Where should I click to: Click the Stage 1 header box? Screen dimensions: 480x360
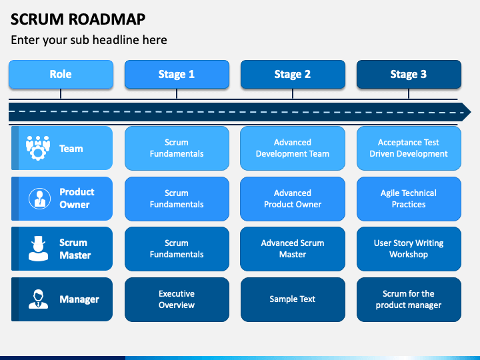(x=177, y=75)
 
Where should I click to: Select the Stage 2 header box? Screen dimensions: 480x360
(x=293, y=75)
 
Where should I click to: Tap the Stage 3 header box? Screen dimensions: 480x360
(x=409, y=75)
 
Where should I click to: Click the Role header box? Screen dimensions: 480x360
(x=61, y=75)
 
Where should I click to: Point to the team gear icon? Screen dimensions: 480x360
(x=38, y=148)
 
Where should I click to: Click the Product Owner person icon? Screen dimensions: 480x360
(x=39, y=199)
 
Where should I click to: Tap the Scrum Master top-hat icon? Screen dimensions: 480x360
(x=38, y=249)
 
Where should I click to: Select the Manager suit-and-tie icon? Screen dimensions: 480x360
(x=38, y=299)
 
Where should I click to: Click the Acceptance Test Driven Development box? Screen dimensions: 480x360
(x=409, y=148)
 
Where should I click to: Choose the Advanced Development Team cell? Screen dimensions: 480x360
(x=293, y=148)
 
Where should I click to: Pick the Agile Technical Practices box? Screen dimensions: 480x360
(x=409, y=199)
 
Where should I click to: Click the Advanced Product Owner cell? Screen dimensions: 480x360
(x=293, y=199)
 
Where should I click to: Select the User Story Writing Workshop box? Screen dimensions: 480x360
(x=409, y=249)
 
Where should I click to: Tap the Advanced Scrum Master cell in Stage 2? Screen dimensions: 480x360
(x=293, y=249)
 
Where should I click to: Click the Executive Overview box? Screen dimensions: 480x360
(x=177, y=299)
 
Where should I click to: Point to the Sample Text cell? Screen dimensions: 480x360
(x=293, y=299)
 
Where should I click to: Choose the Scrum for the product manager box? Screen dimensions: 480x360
(x=409, y=299)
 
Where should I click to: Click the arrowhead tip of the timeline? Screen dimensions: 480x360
(x=471, y=112)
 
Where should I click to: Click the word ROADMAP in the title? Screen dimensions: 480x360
(x=107, y=19)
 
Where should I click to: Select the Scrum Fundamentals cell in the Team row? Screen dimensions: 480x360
(x=177, y=148)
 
